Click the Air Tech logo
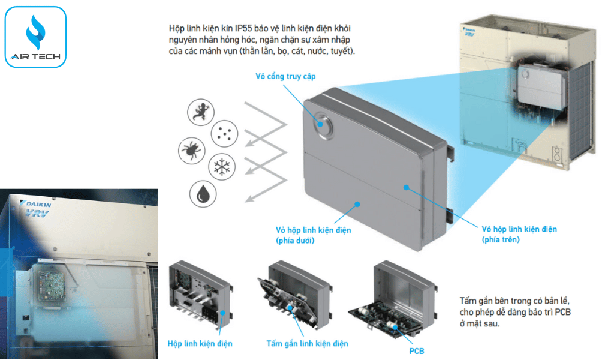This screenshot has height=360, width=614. click(35, 37)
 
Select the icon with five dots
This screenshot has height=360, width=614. click(224, 132)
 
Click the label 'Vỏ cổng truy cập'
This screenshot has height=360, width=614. click(285, 77)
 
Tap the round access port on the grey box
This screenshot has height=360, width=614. click(322, 124)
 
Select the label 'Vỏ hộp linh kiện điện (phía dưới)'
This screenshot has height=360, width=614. click(313, 235)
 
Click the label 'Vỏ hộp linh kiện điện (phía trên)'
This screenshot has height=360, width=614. click(519, 234)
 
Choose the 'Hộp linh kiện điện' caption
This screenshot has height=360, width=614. click(200, 344)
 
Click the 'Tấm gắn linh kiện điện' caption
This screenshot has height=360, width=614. click(307, 344)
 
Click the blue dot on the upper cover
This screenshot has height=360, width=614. click(406, 187)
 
